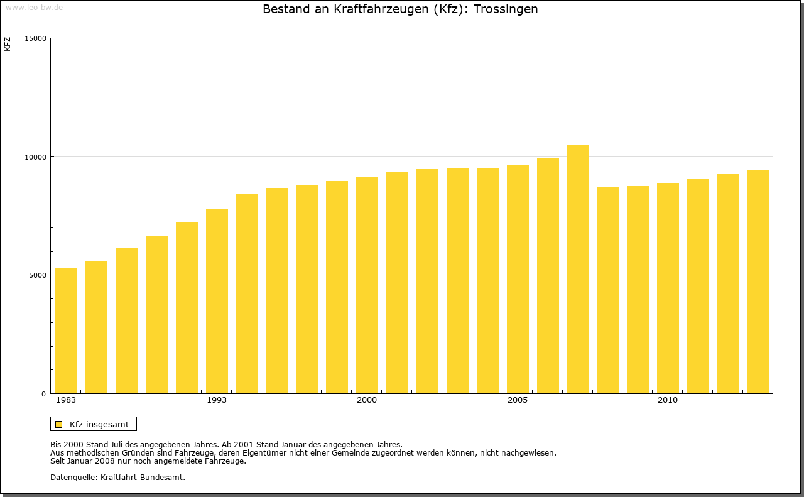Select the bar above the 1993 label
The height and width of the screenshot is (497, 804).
[217, 301]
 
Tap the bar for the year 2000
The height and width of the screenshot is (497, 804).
[367, 285]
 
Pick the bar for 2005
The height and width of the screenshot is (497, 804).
[518, 279]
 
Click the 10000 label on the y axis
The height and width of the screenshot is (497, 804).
[36, 156]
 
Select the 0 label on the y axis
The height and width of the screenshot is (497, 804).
[44, 394]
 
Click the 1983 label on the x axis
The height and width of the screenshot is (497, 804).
[66, 400]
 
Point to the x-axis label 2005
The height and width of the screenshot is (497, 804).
[518, 400]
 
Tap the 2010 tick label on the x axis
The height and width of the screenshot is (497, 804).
[668, 400]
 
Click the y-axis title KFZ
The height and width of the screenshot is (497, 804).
[8, 44]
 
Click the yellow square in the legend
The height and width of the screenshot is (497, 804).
[59, 424]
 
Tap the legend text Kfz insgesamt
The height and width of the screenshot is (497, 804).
[99, 424]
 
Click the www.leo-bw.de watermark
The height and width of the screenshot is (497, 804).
[34, 6]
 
